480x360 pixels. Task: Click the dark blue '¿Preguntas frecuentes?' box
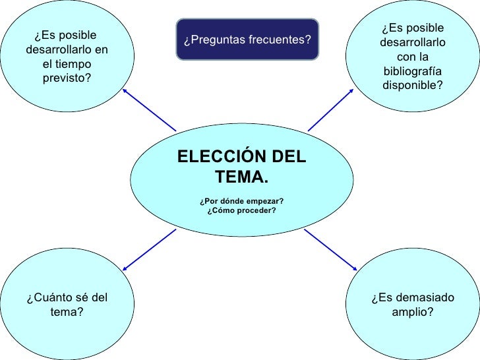247,40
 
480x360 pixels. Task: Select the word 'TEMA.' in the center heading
241,177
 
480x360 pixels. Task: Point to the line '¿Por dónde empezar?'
241,200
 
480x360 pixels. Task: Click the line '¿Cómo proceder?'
241,210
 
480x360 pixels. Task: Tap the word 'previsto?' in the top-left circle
67,78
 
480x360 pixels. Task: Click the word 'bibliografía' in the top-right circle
412,71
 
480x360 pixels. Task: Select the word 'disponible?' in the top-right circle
412,85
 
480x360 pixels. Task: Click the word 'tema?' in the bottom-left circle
67,312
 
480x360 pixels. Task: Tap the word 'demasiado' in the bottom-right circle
430,298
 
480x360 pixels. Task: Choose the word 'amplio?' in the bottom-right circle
412,312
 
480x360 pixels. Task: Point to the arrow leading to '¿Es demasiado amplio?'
330,249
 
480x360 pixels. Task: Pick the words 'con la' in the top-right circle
412,57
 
